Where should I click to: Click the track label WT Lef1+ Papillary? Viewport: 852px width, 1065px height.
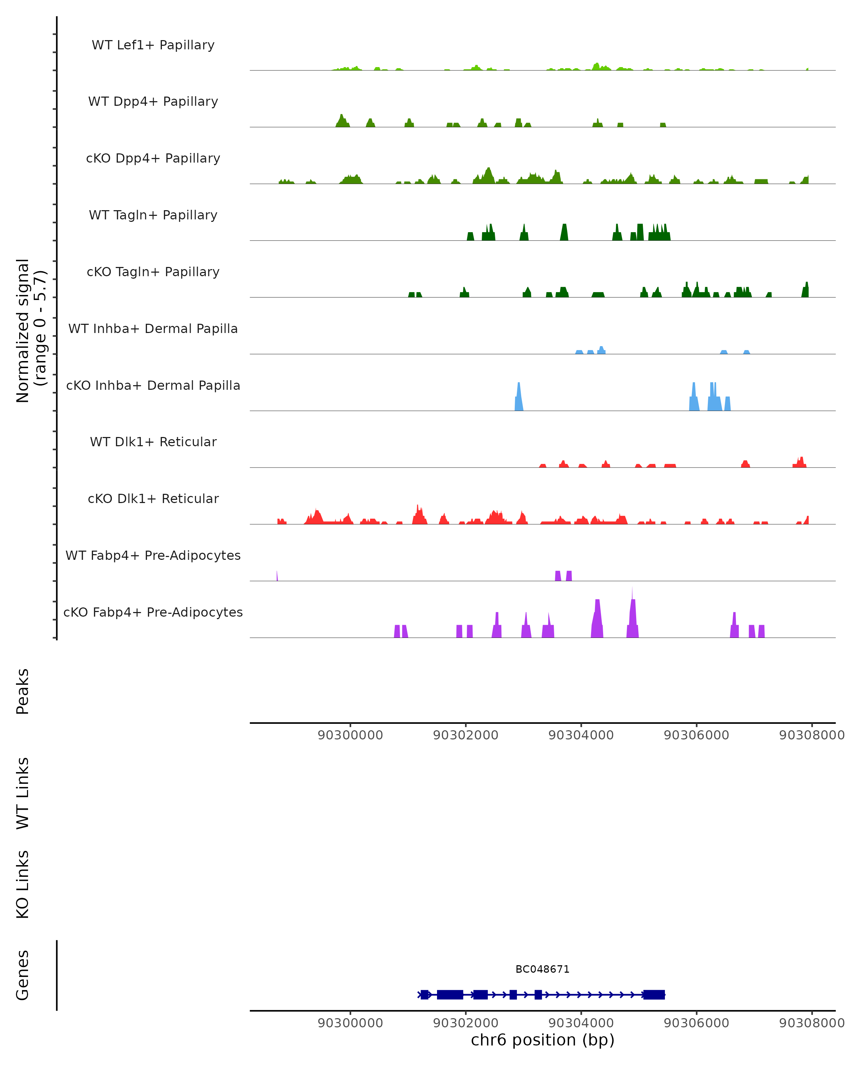click(153, 45)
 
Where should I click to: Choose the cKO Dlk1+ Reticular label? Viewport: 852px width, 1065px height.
click(153, 498)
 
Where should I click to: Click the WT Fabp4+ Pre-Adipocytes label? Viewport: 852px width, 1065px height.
click(153, 555)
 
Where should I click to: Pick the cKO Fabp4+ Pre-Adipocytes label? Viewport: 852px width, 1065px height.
click(153, 612)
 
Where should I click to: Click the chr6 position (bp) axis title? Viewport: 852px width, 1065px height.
click(542, 1039)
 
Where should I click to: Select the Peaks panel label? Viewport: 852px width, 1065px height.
click(23, 691)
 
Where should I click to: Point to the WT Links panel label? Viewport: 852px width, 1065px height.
click(23, 793)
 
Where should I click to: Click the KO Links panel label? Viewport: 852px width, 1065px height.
click(23, 884)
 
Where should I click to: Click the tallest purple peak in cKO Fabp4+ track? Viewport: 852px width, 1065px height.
click(632, 615)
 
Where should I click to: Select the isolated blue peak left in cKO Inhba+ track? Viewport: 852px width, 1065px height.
click(519, 398)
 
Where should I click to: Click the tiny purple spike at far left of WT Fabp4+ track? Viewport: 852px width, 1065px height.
click(277, 576)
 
